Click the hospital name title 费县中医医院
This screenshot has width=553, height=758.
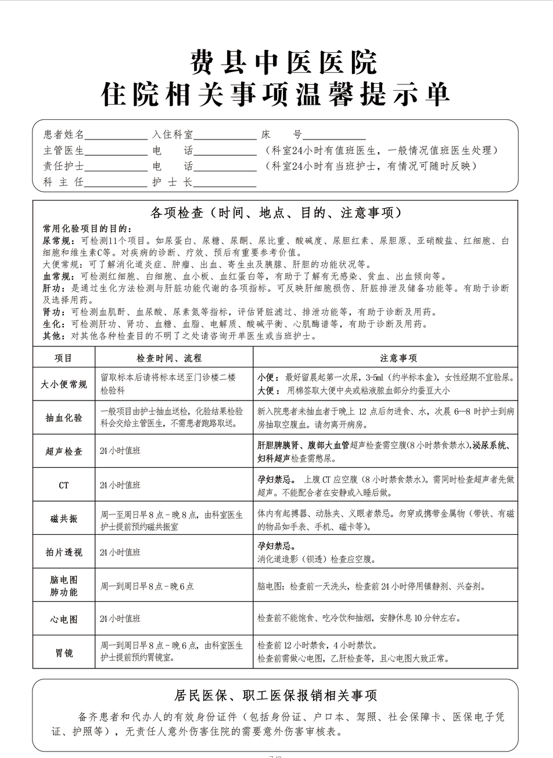click(276, 62)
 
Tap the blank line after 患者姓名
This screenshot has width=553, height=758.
click(116, 135)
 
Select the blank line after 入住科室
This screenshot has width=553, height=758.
click(225, 135)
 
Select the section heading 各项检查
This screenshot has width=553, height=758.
click(275, 213)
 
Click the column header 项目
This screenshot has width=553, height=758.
click(63, 357)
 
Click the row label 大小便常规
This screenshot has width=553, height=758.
click(63, 384)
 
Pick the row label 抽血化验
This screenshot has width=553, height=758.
click(63, 417)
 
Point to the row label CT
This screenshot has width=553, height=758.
click(63, 485)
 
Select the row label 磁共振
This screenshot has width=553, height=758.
click(63, 519)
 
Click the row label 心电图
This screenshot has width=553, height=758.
click(63, 619)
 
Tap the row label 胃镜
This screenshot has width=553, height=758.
click(63, 653)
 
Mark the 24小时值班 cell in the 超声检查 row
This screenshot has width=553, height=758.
click(120, 451)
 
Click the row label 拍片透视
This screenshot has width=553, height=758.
click(63, 552)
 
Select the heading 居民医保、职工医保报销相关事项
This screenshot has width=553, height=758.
click(275, 695)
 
